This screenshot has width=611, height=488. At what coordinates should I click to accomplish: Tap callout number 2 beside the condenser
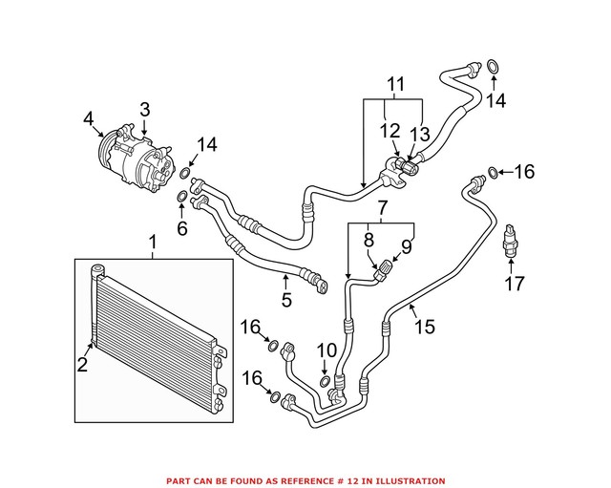tap(83, 363)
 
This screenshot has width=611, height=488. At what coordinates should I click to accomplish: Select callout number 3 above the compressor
tap(145, 111)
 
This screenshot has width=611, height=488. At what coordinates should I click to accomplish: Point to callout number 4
tap(89, 118)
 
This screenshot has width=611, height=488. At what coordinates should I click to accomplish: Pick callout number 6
tap(181, 228)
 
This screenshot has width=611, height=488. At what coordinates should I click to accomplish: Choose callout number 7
tap(382, 207)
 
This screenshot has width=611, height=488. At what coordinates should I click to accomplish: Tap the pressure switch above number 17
tap(514, 242)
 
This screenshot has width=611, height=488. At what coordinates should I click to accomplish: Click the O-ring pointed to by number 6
tap(181, 199)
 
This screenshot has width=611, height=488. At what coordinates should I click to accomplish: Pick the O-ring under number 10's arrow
tap(325, 382)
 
